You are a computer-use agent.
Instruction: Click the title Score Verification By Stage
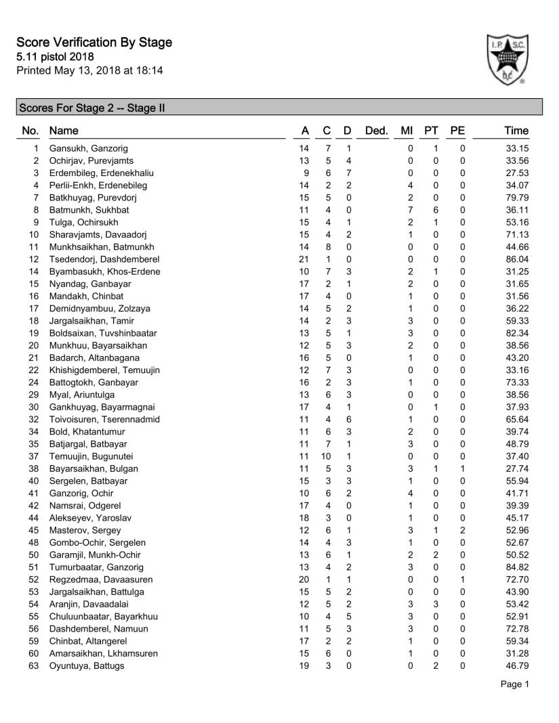(x=94, y=43)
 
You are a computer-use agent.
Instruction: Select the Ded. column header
(x=376, y=131)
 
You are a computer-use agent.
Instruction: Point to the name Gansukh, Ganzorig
(x=89, y=148)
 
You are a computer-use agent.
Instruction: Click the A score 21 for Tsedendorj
(x=304, y=259)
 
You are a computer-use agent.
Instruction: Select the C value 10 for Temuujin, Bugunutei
(x=327, y=456)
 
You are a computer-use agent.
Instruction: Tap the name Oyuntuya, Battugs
(x=87, y=665)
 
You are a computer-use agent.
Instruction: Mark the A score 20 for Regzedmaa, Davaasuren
(x=304, y=579)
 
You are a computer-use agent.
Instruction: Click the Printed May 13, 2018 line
(x=89, y=70)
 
